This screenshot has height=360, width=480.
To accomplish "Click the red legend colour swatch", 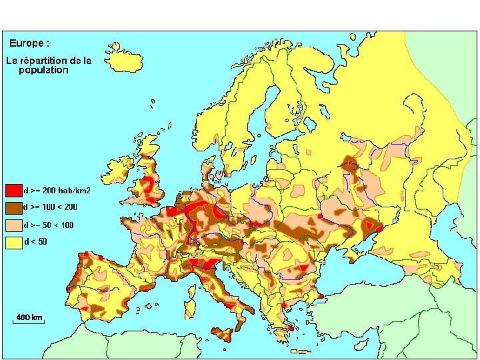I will pyautogui.click(x=13, y=190).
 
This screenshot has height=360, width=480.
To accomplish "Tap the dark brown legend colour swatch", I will pyautogui.click(x=13, y=207).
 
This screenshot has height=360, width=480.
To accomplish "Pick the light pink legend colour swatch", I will pyautogui.click(x=13, y=225).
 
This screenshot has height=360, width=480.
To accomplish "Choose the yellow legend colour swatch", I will pyautogui.click(x=13, y=242).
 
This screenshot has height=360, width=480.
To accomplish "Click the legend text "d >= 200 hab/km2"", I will pyautogui.click(x=57, y=191).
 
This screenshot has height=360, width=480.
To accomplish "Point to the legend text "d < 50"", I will pyautogui.click(x=36, y=241).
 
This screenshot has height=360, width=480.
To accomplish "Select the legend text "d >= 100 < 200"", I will pyautogui.click(x=51, y=207).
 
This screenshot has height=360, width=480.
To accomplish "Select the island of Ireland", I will pyautogui.click(x=116, y=170).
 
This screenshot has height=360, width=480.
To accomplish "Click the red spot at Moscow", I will pyautogui.click(x=349, y=162).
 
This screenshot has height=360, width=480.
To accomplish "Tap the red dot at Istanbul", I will pyautogui.click(x=321, y=296).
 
